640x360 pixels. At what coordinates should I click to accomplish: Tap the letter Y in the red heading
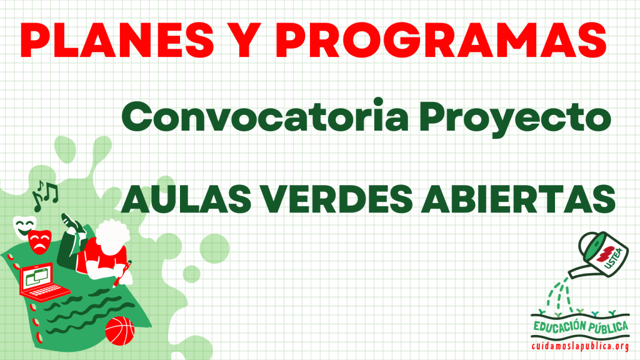[x=245, y=39]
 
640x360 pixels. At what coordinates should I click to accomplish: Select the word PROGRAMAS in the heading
[x=441, y=39]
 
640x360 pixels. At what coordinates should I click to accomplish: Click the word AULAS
[x=186, y=199]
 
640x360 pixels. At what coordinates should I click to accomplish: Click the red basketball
[x=119, y=331]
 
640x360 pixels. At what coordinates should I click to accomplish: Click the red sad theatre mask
[x=39, y=242]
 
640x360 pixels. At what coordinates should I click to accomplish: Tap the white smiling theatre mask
[x=24, y=226]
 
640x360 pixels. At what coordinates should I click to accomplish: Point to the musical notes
[x=44, y=196]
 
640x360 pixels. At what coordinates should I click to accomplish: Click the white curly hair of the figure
[x=112, y=235]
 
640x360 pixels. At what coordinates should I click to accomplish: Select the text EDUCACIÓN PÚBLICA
[x=581, y=326]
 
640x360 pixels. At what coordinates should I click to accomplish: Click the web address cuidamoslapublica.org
[x=580, y=346]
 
